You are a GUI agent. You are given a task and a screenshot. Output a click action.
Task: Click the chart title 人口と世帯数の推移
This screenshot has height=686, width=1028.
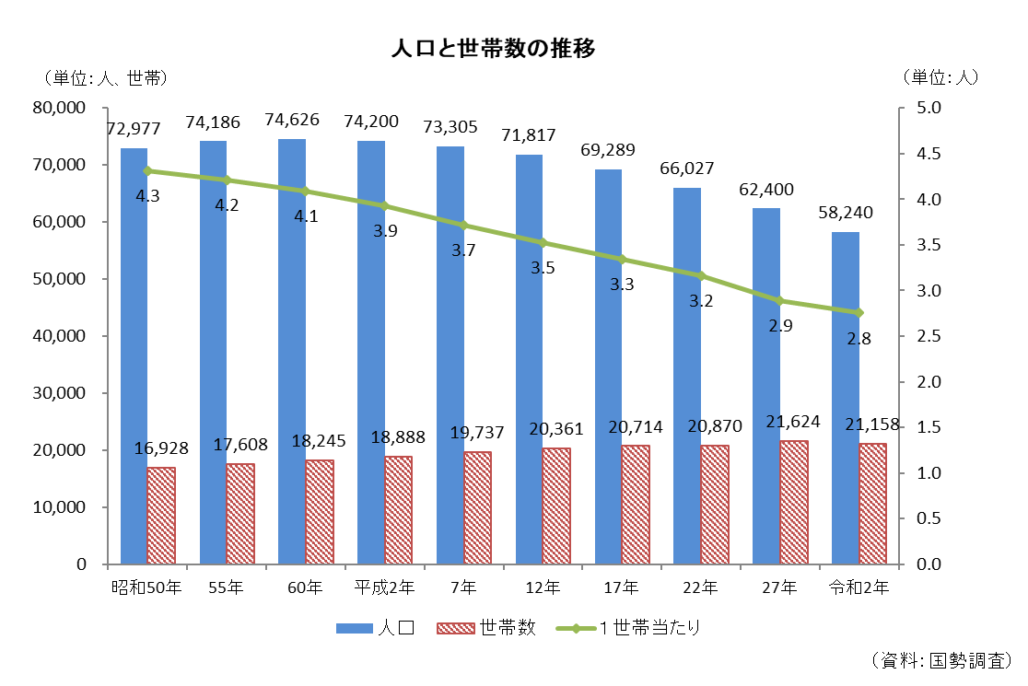click(493, 49)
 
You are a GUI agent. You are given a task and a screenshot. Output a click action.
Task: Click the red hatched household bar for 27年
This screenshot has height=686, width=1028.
click(793, 502)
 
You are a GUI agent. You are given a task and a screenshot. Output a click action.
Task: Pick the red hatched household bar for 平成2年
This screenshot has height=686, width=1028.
click(398, 509)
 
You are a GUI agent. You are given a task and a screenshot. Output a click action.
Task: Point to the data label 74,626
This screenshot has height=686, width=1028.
click(292, 120)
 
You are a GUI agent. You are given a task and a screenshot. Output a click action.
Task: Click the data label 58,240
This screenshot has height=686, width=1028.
click(846, 213)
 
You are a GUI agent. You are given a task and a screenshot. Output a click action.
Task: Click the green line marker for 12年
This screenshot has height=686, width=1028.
click(543, 243)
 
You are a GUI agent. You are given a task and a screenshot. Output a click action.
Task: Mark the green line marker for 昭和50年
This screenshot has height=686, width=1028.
click(147, 170)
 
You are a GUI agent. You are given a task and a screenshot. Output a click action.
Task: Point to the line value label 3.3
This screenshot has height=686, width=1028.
click(622, 285)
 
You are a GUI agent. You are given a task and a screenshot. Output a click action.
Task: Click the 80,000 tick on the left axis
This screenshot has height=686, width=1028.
click(59, 108)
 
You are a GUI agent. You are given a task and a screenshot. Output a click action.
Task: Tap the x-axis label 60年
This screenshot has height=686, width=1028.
click(305, 587)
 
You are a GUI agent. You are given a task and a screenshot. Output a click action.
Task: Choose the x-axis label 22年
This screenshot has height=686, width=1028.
click(700, 587)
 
